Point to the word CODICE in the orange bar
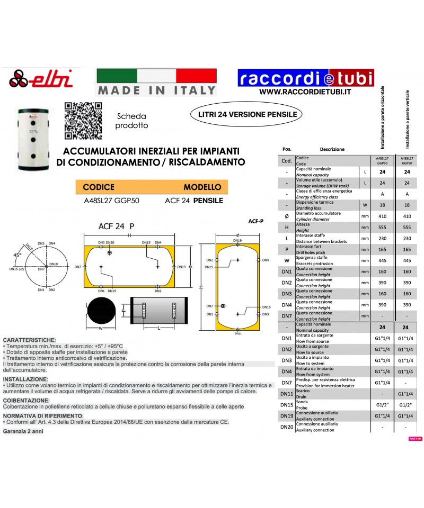tap(99, 187)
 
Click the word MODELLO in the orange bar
tap(202, 187)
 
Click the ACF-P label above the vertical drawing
tap(255, 221)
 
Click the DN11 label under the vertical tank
tap(237, 334)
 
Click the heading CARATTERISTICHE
tap(29, 339)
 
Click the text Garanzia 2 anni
tap(23, 431)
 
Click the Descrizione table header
tap(332, 149)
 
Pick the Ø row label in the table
tap(287, 216)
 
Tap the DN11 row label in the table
tap(287, 394)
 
